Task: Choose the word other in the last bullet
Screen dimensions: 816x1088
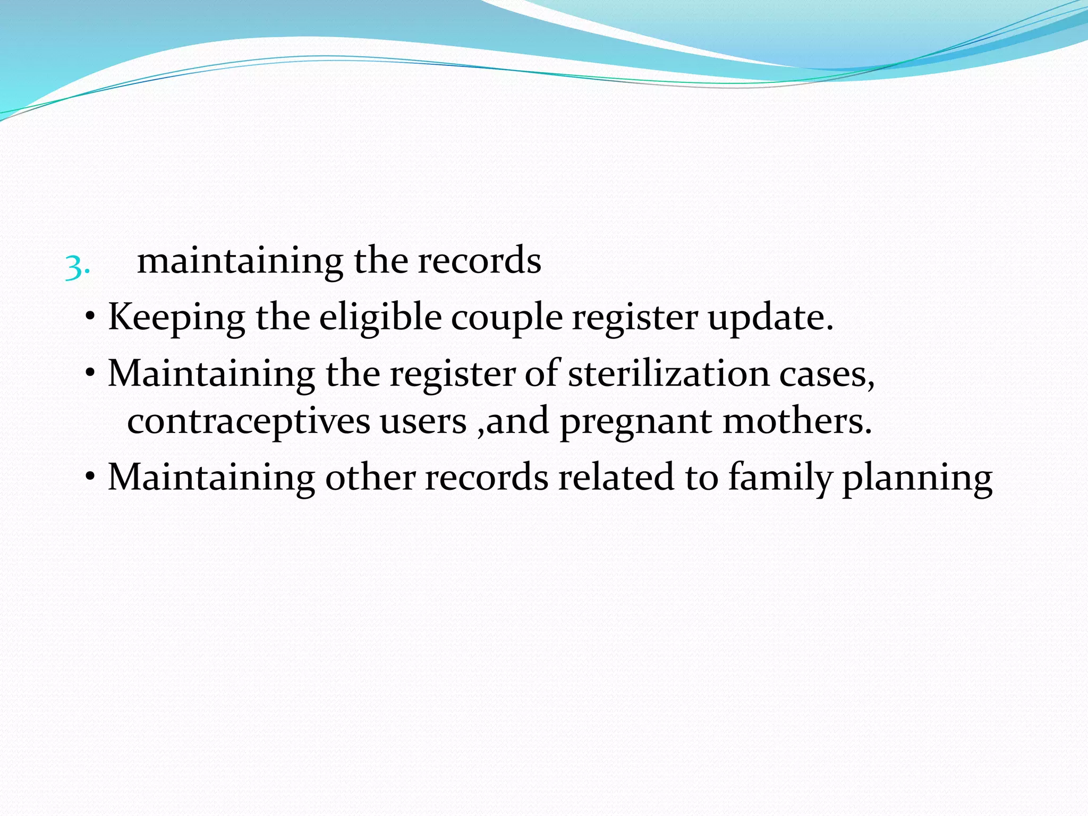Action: click(370, 477)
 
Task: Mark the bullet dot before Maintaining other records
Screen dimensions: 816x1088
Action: click(90, 477)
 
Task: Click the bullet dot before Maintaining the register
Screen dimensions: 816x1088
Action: click(90, 374)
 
